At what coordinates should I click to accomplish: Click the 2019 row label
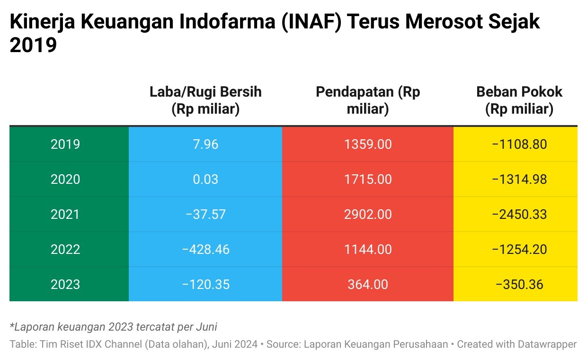click(x=65, y=144)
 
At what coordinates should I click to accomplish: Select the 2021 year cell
click(x=65, y=214)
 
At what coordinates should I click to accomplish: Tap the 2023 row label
click(x=65, y=284)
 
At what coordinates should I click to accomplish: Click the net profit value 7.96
click(x=205, y=144)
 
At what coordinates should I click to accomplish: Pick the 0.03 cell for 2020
click(x=205, y=179)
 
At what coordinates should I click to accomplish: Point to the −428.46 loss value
click(x=205, y=249)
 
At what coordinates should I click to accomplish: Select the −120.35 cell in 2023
click(x=205, y=284)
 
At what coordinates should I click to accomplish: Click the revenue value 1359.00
click(x=368, y=144)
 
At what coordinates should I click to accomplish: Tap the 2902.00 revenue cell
click(x=368, y=214)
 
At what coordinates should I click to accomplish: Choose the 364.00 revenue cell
click(x=368, y=284)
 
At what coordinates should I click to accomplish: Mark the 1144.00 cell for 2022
click(x=368, y=249)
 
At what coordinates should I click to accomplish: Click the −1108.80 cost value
click(x=519, y=144)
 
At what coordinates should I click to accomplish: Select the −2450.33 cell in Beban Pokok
click(x=519, y=214)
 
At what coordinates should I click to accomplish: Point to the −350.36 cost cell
click(x=519, y=284)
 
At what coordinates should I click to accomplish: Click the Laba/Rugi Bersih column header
click(x=205, y=100)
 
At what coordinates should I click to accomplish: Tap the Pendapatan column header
click(x=368, y=100)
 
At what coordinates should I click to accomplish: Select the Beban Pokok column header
click(x=519, y=100)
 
